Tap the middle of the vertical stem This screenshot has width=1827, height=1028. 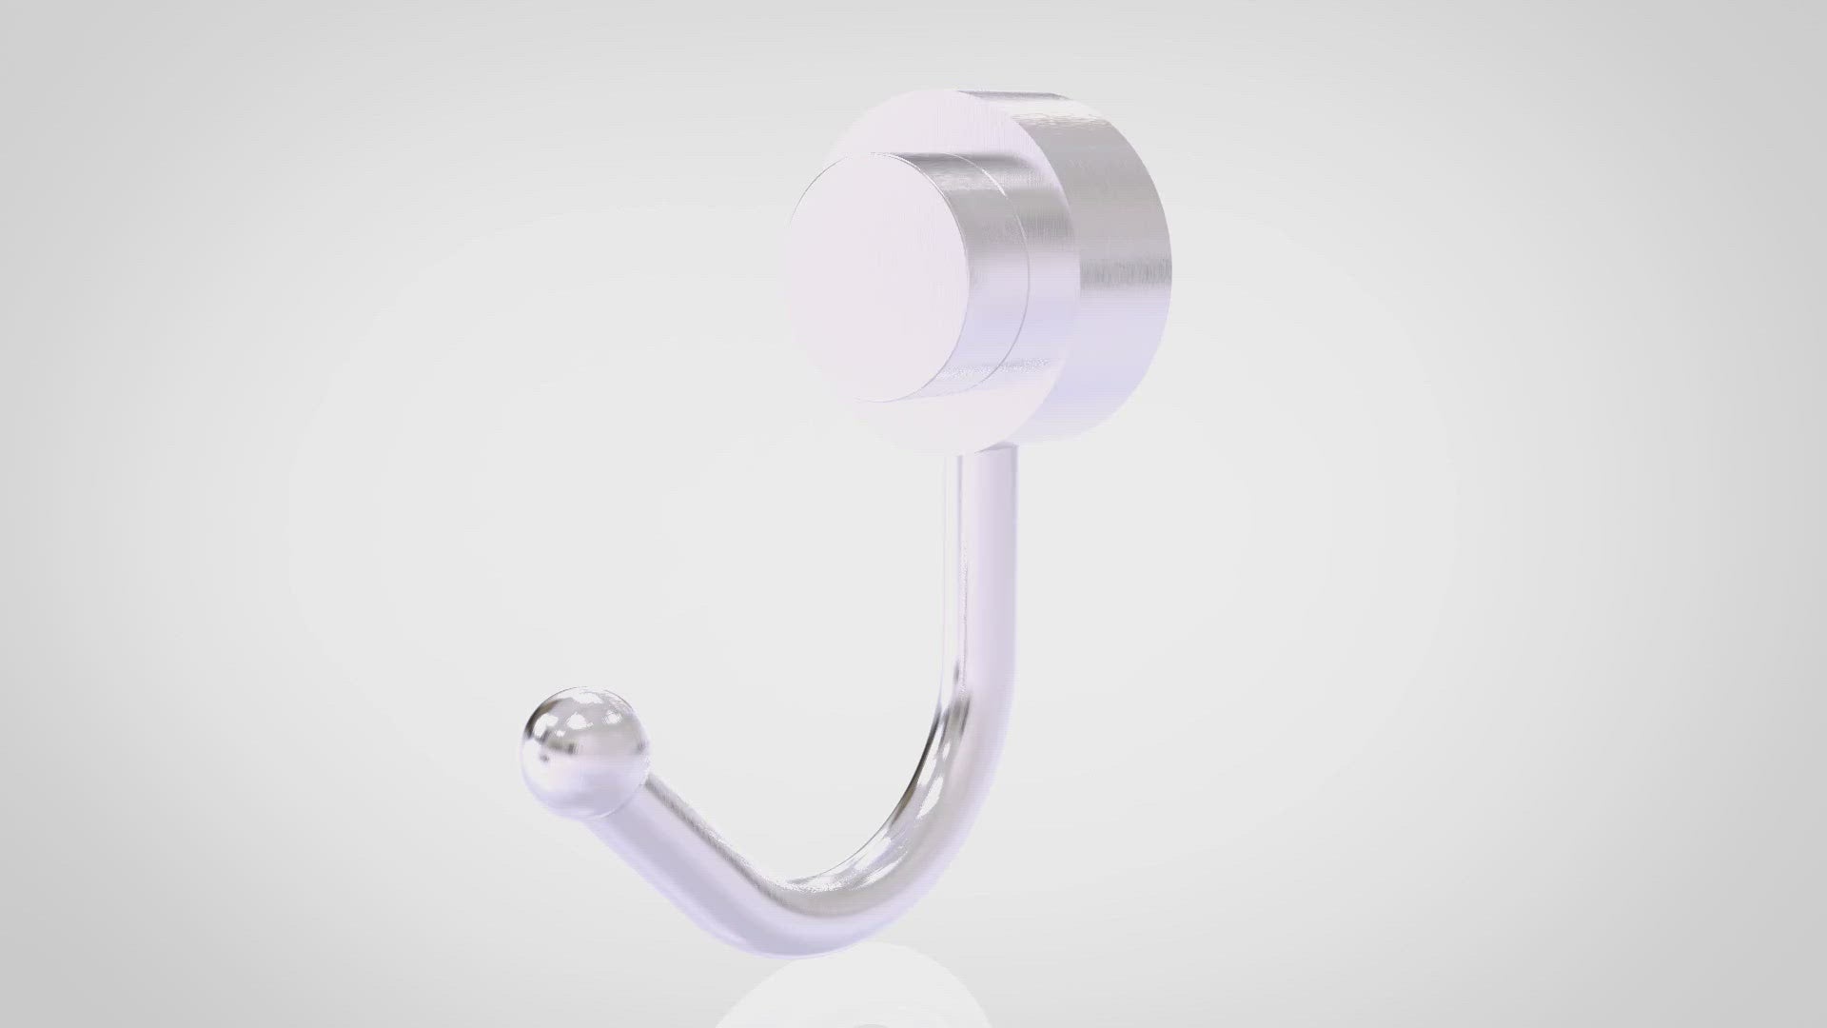pyautogui.click(x=980, y=590)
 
